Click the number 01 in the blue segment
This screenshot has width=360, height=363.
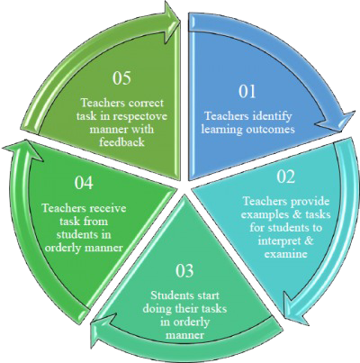click(247, 92)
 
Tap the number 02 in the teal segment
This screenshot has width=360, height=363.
click(285, 177)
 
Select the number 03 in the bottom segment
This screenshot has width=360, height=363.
click(184, 271)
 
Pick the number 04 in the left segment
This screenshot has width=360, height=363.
click(84, 183)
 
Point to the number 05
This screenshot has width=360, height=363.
click(122, 78)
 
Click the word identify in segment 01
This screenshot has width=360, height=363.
click(273, 116)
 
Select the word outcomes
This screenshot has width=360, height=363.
click(269, 129)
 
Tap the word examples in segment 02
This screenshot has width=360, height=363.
click(262, 215)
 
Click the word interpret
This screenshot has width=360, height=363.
click(277, 241)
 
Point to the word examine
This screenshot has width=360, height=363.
click(285, 254)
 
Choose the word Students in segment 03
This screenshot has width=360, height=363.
click(172, 295)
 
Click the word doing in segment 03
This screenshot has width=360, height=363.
click(157, 309)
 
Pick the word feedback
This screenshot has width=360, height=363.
click(122, 141)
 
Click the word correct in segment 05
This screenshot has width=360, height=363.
click(146, 103)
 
